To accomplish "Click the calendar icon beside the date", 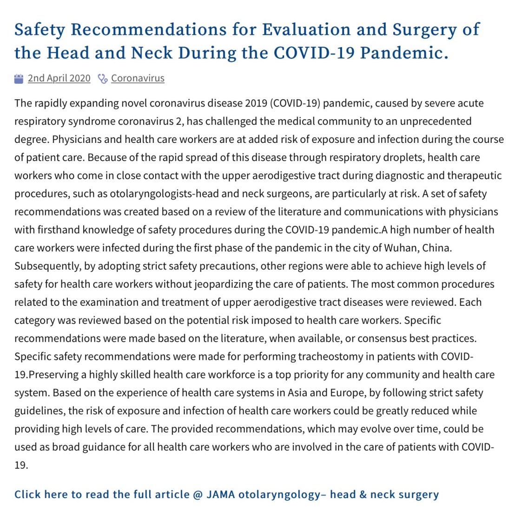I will click(x=19, y=78).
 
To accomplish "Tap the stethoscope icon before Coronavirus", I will click(x=103, y=78).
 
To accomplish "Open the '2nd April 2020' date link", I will click(x=59, y=78).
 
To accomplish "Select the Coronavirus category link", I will click(x=138, y=78).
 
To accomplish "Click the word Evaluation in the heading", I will click(x=306, y=30).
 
